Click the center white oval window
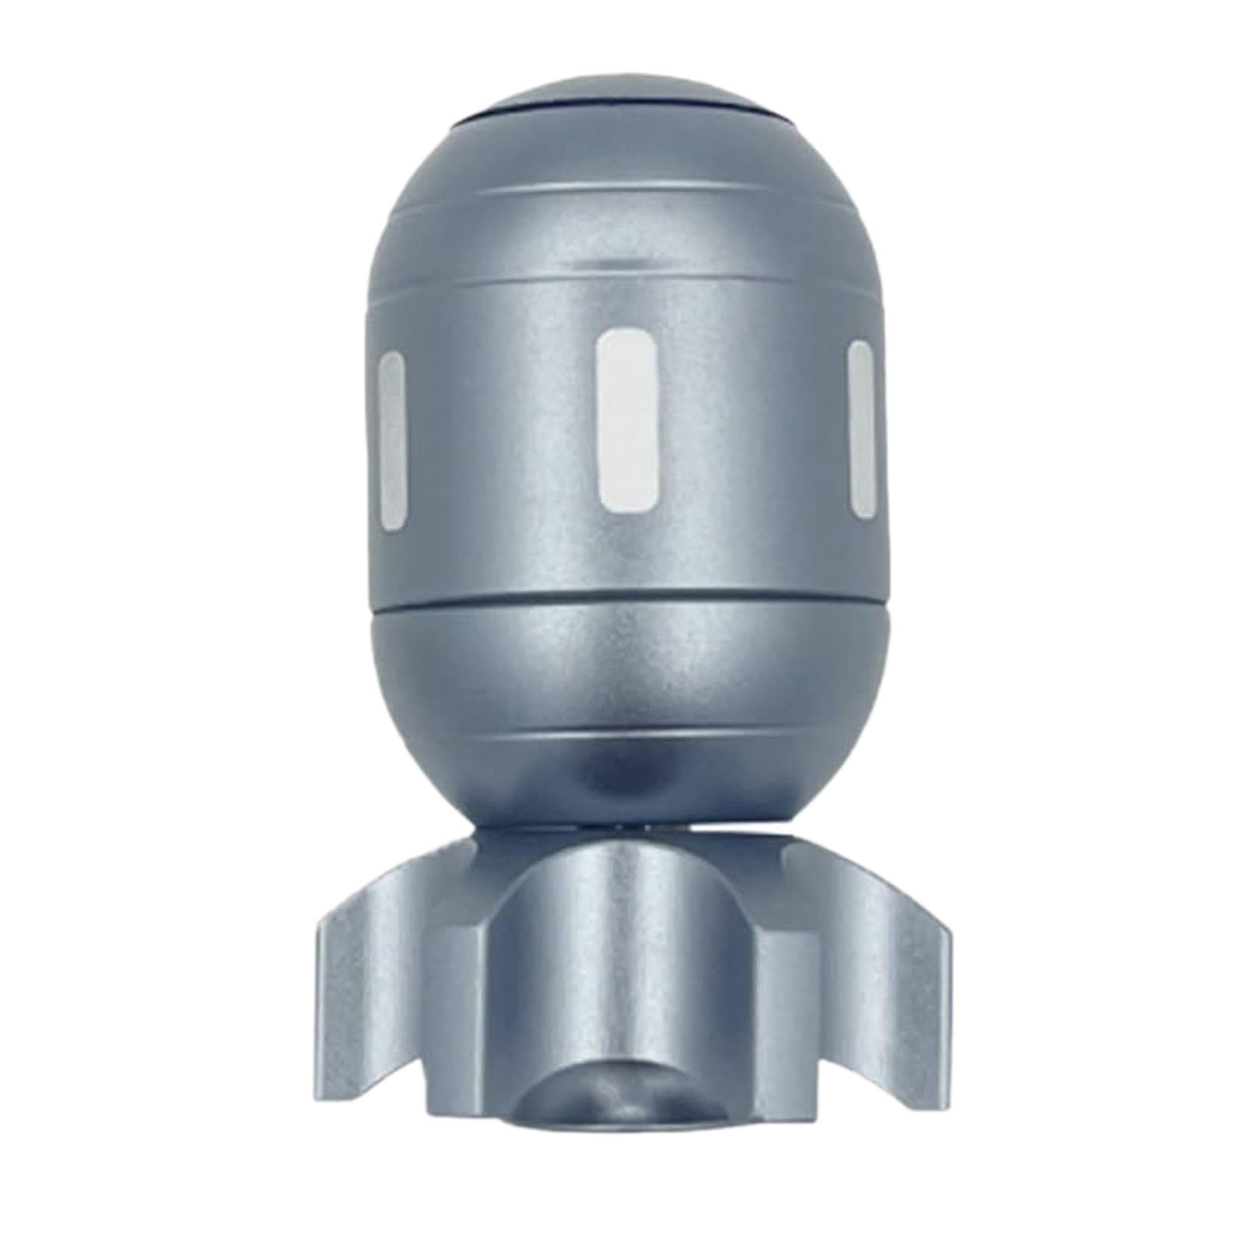pyautogui.click(x=627, y=421)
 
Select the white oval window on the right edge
pyautogui.click(x=860, y=430)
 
